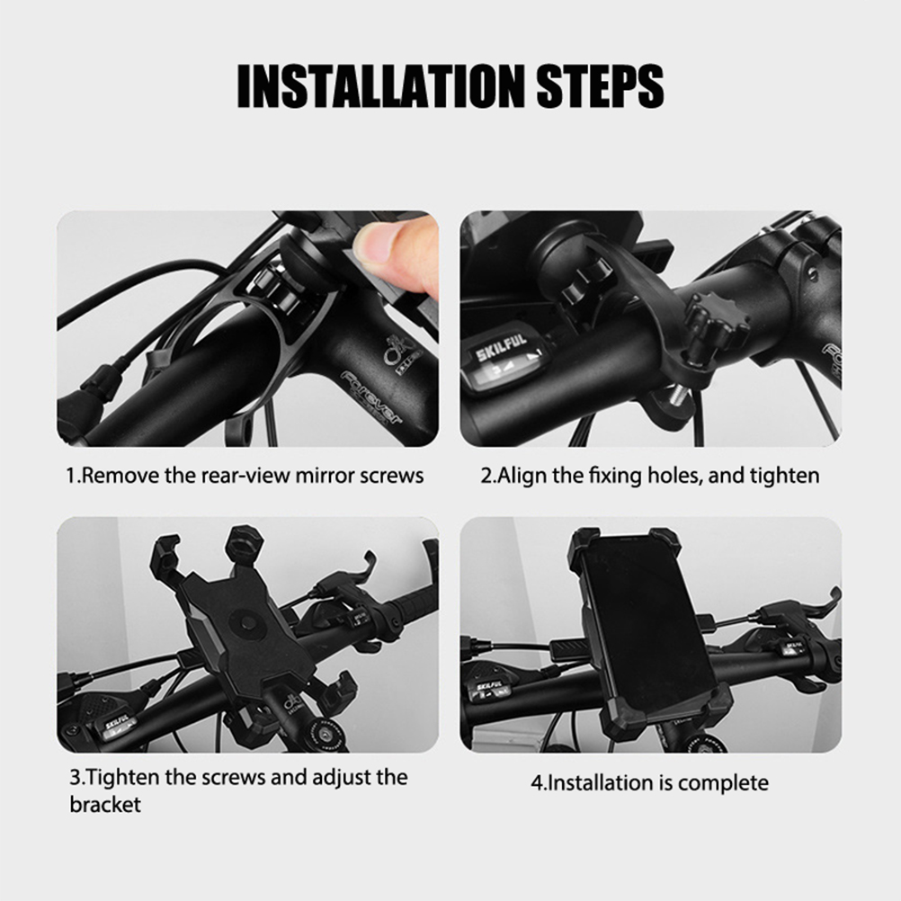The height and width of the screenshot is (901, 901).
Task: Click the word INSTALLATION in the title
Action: pyautogui.click(x=380, y=85)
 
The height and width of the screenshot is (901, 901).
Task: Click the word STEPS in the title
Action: pyautogui.click(x=601, y=85)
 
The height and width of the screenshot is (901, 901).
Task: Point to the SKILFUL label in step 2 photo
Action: pyautogui.click(x=501, y=346)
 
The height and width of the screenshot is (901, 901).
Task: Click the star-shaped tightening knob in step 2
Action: pyautogui.click(x=716, y=324)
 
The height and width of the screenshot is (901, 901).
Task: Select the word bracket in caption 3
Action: pyautogui.click(x=105, y=805)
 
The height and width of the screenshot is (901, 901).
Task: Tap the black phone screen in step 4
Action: pyautogui.click(x=647, y=624)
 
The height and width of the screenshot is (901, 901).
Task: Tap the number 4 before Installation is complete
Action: pyautogui.click(x=537, y=782)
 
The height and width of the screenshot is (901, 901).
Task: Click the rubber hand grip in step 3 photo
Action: pyautogui.click(x=414, y=601)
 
